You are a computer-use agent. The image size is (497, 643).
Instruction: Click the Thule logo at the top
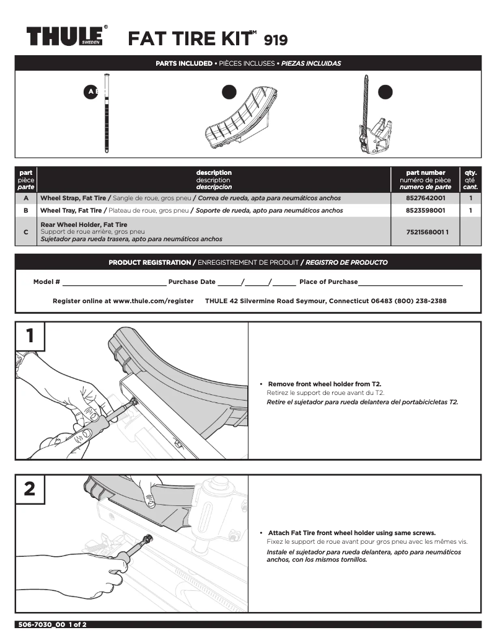point(65,36)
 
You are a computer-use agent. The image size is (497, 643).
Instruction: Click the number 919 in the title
point(276,40)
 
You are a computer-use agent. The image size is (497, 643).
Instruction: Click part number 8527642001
point(424,198)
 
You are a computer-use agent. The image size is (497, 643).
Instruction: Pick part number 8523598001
point(424,210)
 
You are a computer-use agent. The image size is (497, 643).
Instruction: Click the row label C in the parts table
point(25,231)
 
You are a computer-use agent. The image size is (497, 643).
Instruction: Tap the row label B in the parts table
point(25,210)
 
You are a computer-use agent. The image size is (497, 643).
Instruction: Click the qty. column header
point(470,179)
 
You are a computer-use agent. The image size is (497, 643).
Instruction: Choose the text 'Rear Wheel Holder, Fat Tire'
point(84,224)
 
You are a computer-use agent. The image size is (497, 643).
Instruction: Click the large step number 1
point(29,337)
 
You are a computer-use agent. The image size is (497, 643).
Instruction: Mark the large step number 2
point(29,489)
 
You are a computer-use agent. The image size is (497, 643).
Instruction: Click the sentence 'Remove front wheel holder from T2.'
point(320,384)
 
